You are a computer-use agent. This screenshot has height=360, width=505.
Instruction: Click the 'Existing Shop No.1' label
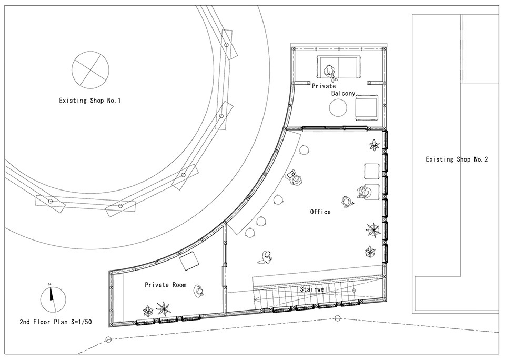[x=89, y=101]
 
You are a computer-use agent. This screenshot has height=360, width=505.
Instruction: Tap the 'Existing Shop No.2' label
[x=457, y=159]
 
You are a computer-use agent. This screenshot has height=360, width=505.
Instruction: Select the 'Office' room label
[x=320, y=212]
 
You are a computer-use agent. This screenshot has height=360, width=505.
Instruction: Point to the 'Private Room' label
[x=166, y=285]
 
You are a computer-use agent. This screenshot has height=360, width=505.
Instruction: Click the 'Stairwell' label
[x=315, y=289]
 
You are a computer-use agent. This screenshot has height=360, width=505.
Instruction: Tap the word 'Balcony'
[x=344, y=94]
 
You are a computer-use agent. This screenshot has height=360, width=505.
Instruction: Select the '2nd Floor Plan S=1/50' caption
[x=55, y=322]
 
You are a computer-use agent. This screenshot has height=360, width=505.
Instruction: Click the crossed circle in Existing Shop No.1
[x=90, y=69]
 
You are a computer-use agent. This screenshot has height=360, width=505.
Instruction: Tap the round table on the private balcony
[x=338, y=108]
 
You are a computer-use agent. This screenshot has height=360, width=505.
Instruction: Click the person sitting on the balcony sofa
[x=330, y=73]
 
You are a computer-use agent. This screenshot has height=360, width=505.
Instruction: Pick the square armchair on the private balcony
[x=367, y=107]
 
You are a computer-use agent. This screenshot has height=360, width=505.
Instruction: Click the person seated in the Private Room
[x=199, y=291]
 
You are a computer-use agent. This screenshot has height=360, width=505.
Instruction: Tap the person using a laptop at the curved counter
[x=295, y=178]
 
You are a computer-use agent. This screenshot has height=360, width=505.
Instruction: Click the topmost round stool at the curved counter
[x=305, y=150]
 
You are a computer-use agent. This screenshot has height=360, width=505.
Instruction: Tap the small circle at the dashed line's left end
[x=108, y=339]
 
